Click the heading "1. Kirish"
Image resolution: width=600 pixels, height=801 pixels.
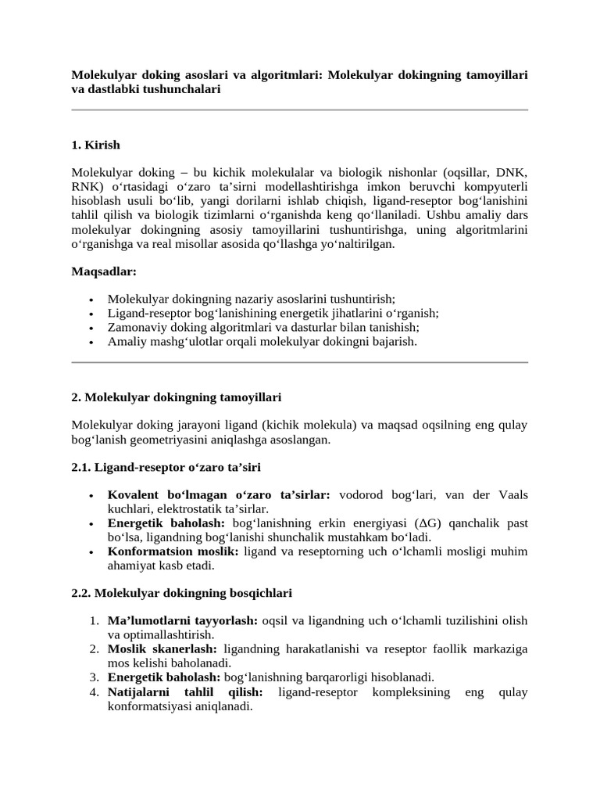95,145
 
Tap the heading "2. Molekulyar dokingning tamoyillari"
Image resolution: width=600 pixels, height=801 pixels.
176,397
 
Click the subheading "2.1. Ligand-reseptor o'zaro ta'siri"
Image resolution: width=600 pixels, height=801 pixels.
166,467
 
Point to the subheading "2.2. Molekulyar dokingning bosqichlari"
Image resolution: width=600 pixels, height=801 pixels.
181,593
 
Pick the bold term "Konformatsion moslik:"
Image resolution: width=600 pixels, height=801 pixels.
173,551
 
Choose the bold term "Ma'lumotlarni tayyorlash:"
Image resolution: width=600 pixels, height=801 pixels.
182,620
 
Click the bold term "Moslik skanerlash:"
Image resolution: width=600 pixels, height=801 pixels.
163,648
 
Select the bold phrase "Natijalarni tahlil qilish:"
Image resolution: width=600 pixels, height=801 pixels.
184,691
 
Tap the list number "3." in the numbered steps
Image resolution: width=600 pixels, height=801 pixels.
93,677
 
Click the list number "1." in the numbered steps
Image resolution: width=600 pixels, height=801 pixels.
93,620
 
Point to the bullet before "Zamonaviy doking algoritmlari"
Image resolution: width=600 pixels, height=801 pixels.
92,328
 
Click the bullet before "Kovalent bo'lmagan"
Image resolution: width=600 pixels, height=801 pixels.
92,495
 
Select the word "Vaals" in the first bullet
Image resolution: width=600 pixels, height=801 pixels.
511,494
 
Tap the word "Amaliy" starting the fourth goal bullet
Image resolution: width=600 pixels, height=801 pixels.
125,342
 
